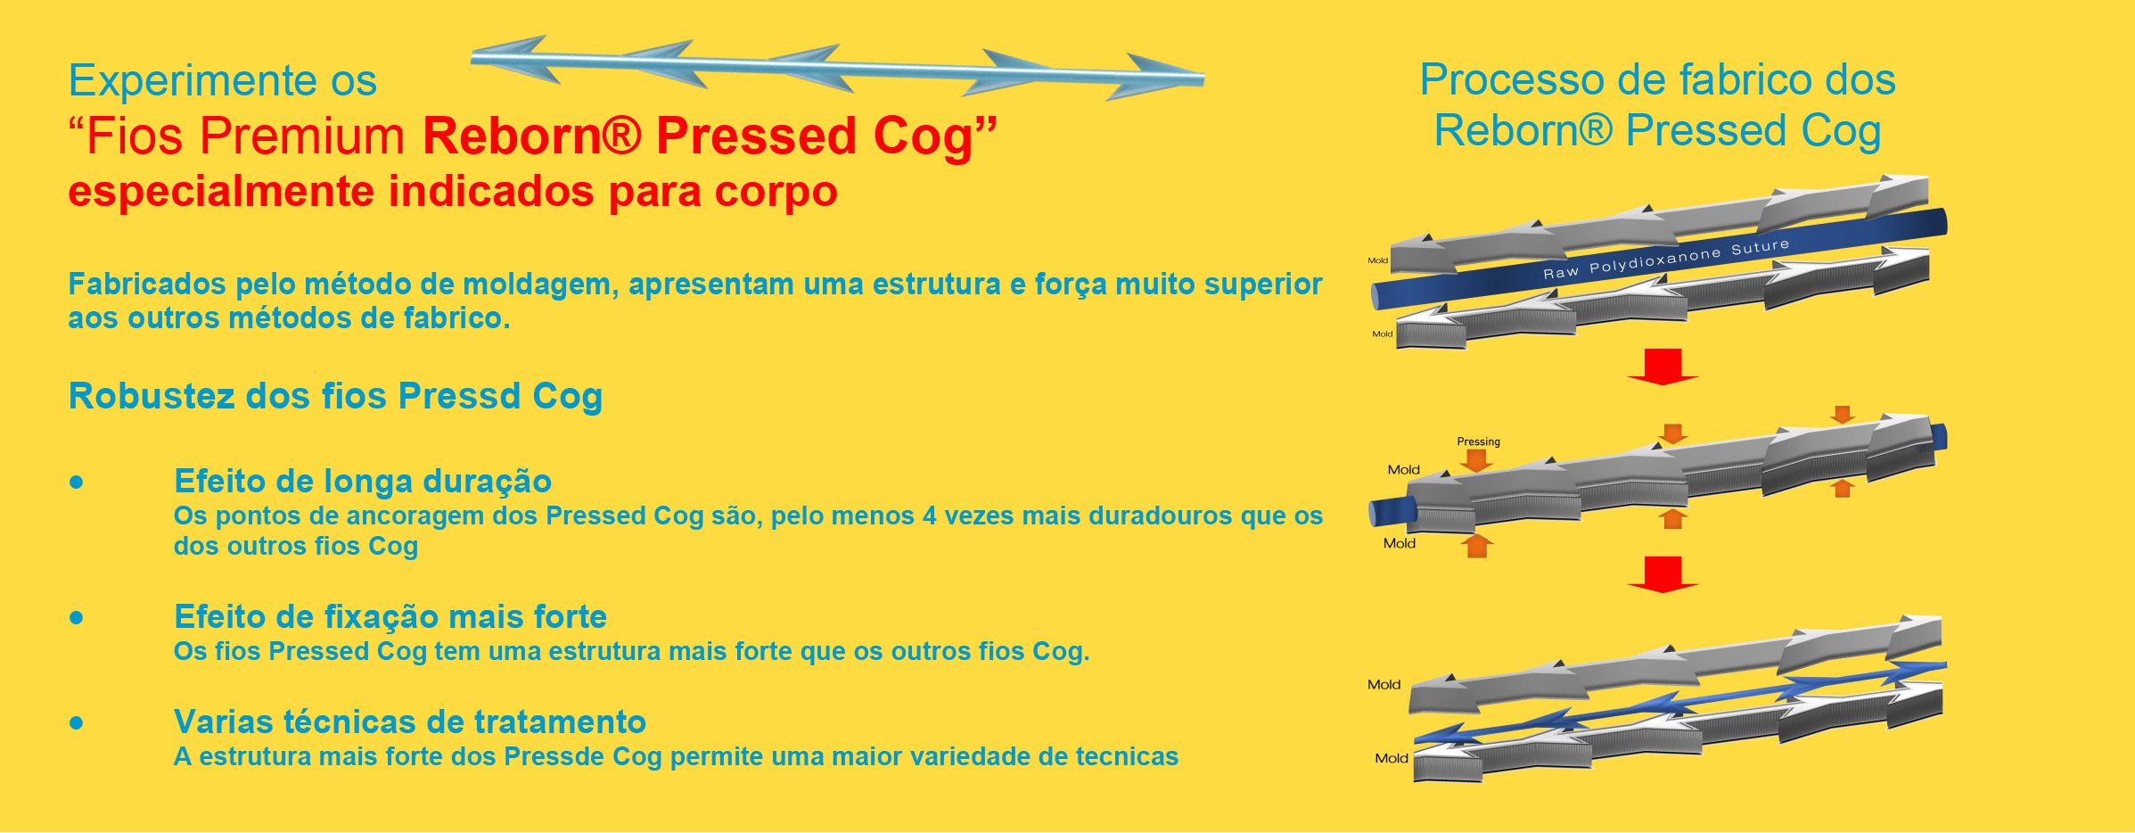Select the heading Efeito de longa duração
tap(363, 482)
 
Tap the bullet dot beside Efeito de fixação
tap(77, 617)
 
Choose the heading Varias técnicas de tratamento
tap(410, 722)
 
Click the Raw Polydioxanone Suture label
tap(1666, 259)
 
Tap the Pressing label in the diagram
tap(1478, 441)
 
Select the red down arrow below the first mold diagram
tap(1663, 367)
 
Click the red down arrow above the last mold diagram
tap(1663, 574)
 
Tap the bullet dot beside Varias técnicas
tap(77, 722)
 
